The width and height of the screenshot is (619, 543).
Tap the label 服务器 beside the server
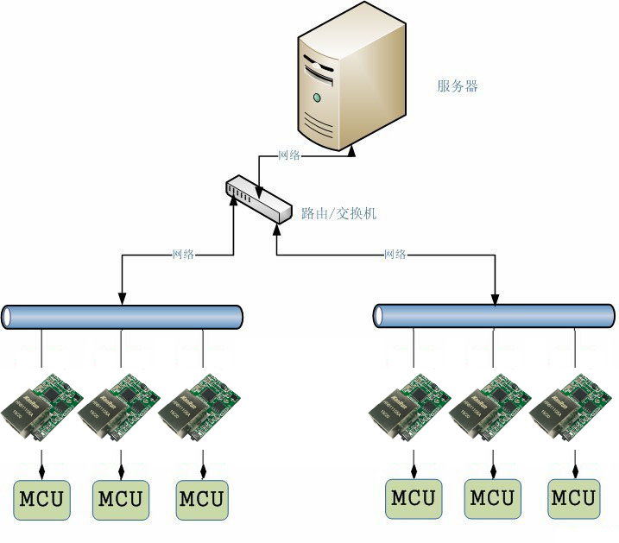(457, 86)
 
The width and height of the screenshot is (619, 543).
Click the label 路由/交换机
(338, 213)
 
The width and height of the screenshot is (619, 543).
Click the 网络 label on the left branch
(183, 255)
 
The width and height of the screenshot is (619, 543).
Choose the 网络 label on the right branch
(395, 255)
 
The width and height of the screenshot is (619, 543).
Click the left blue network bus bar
(122, 317)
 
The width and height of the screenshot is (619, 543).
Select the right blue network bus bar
(495, 317)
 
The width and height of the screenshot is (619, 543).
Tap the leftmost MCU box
(41, 498)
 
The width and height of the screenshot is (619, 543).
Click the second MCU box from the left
(122, 498)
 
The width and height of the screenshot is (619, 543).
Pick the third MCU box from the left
(202, 498)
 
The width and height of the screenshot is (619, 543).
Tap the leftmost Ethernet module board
(43, 403)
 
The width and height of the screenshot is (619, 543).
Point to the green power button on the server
(316, 98)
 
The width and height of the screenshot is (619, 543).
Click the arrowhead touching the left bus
(122, 300)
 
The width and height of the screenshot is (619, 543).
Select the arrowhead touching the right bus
(495, 300)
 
